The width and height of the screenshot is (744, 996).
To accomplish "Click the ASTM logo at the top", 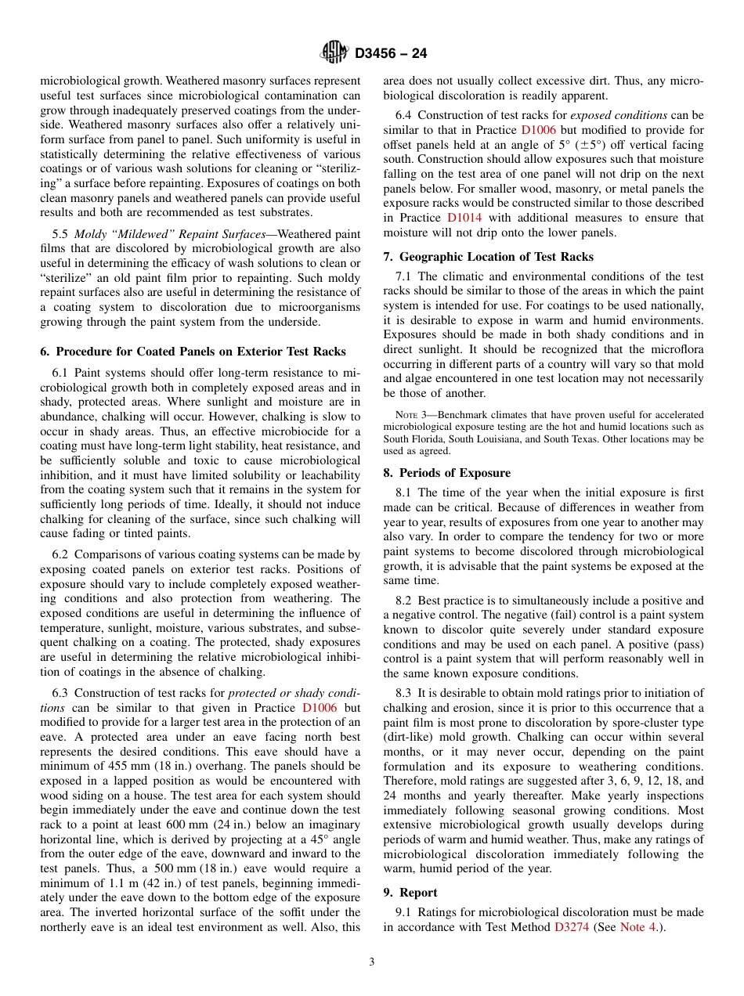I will (x=334, y=53).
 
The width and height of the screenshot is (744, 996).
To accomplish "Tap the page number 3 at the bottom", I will (x=372, y=962).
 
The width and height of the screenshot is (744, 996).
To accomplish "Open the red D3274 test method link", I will (x=571, y=927).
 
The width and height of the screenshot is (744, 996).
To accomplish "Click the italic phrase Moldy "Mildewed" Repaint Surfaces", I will (x=170, y=234).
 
